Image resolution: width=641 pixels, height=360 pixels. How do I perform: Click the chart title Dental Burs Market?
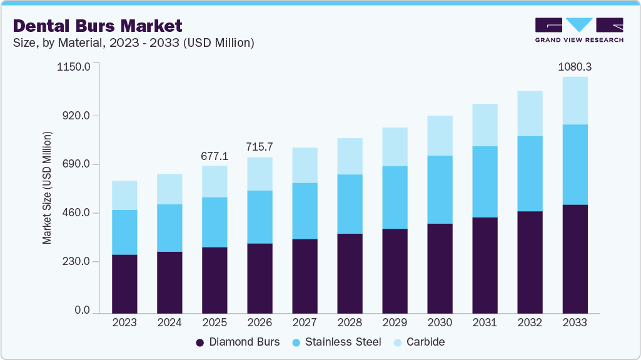click(98, 26)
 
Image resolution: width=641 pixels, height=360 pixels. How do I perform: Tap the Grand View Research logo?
click(579, 30)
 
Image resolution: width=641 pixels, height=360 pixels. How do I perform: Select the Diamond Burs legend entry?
click(238, 342)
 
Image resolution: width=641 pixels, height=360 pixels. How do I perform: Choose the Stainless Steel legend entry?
click(338, 342)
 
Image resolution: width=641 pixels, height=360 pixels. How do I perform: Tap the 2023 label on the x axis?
click(124, 323)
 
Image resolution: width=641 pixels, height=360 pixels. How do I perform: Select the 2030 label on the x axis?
click(440, 323)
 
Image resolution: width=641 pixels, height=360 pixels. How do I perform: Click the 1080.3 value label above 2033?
click(575, 66)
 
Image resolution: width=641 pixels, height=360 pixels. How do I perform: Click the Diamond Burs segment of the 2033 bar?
click(575, 259)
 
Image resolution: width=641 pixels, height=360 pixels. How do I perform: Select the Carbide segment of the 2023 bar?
click(124, 195)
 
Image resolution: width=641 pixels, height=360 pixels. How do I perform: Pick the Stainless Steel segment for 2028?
click(350, 204)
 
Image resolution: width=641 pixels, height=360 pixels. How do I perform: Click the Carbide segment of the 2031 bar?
click(485, 125)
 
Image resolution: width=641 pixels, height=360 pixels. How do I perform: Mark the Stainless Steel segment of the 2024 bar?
click(169, 228)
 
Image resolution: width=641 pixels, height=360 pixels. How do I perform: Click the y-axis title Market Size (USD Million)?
click(47, 187)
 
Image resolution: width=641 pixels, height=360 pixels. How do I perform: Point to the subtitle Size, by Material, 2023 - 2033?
click(133, 43)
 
